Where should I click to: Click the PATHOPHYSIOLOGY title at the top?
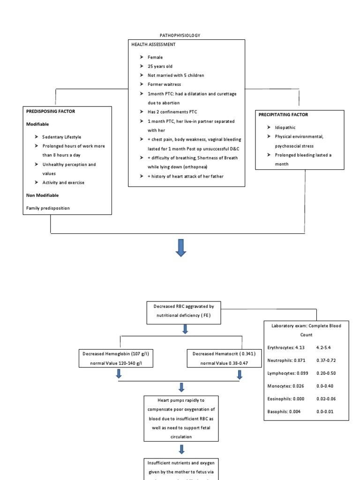click(180, 35)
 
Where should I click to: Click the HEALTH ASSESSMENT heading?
click(154, 44)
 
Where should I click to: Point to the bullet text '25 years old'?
click(160, 66)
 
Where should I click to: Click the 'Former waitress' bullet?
click(164, 84)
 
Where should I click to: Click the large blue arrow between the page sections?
click(181, 247)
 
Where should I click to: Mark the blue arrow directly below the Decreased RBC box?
click(185, 329)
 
